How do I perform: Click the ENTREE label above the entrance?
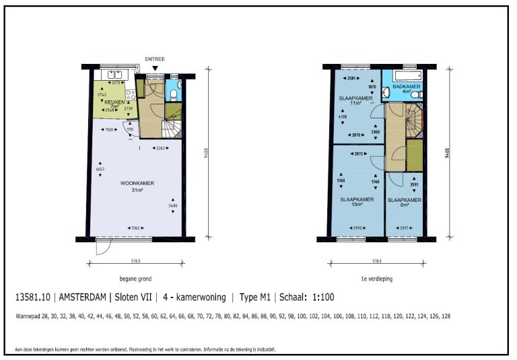point(155,59)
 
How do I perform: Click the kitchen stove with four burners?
point(131,84)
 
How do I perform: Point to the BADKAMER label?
point(404,87)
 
